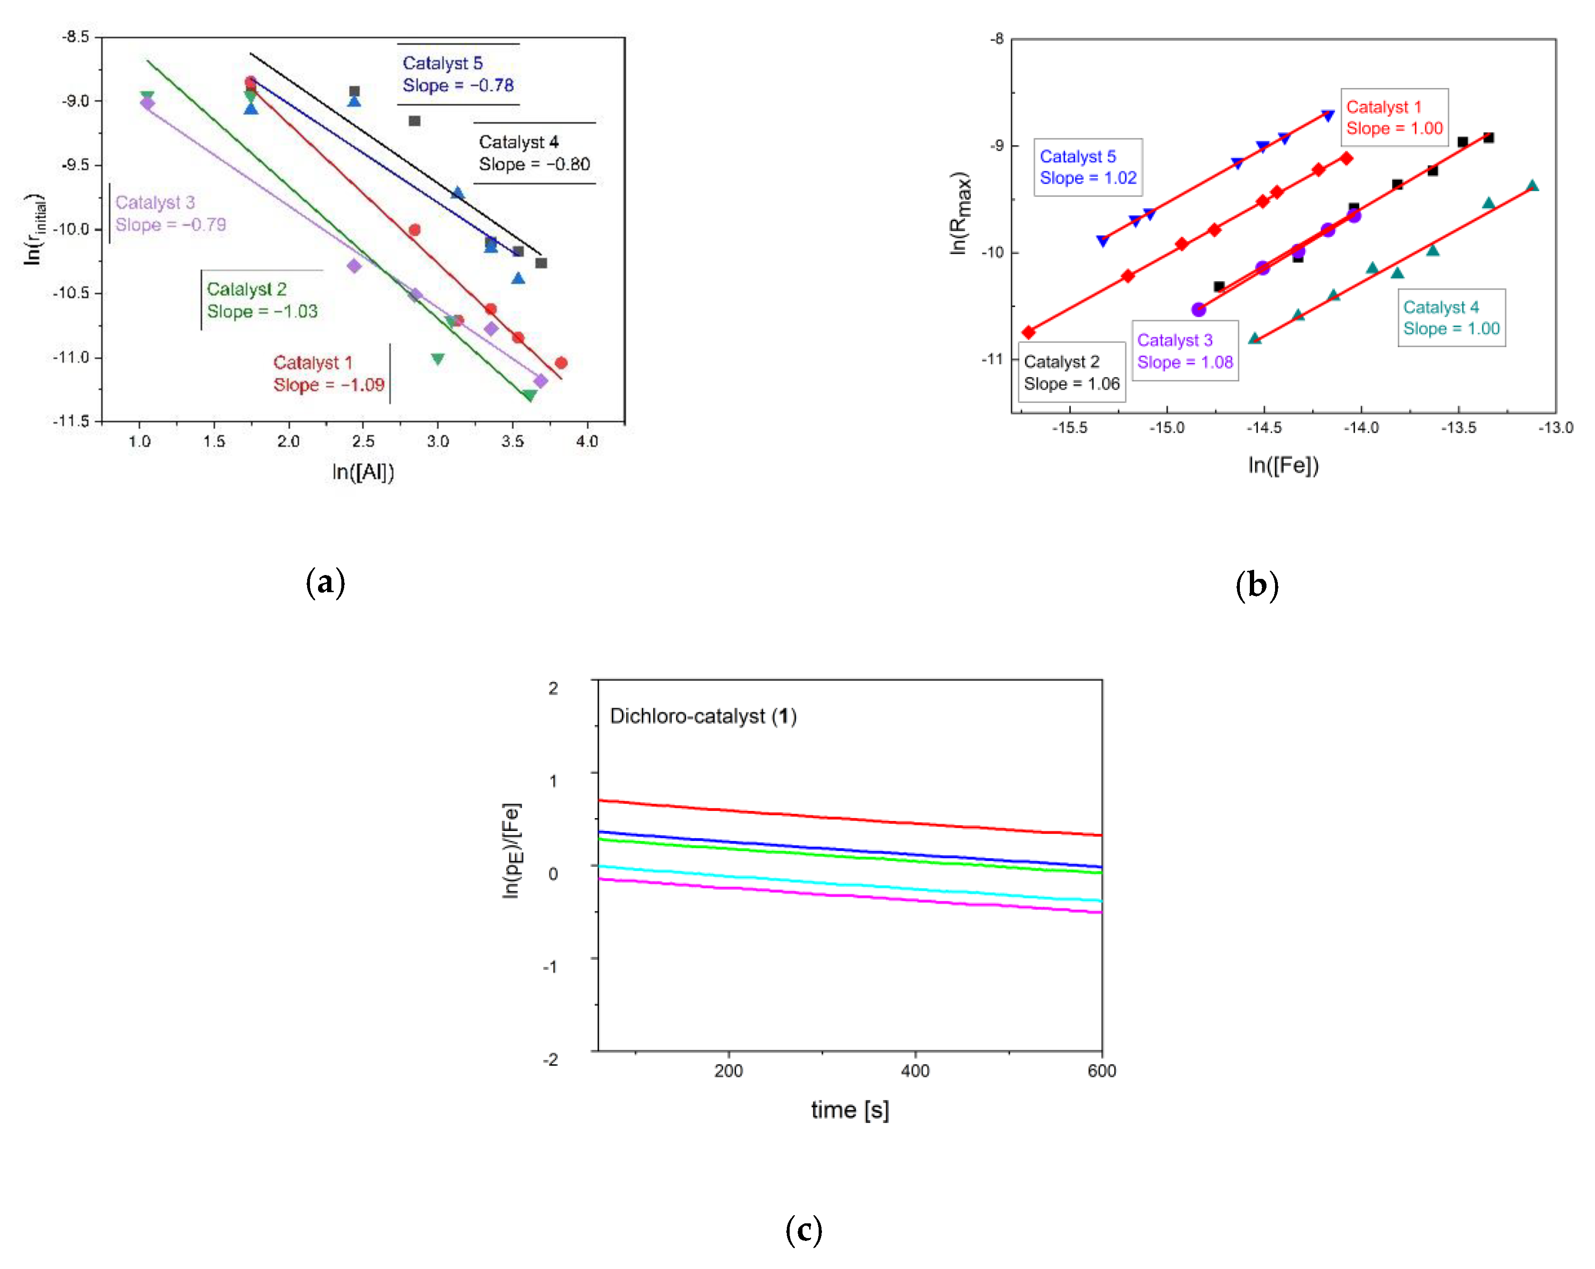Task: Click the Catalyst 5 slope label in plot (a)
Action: tap(458, 75)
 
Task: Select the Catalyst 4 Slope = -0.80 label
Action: tap(534, 153)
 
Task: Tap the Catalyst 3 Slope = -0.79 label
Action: tap(170, 214)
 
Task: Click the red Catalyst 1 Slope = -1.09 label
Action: tap(329, 374)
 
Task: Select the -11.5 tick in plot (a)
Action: tap(71, 420)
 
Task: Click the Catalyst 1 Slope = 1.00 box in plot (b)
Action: tap(1394, 117)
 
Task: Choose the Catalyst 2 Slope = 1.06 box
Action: tap(1071, 372)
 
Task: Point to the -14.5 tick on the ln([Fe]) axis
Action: tap(1264, 428)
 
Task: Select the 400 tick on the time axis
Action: tap(915, 1071)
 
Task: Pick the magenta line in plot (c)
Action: tap(851, 896)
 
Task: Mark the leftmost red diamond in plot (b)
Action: tap(1028, 332)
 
